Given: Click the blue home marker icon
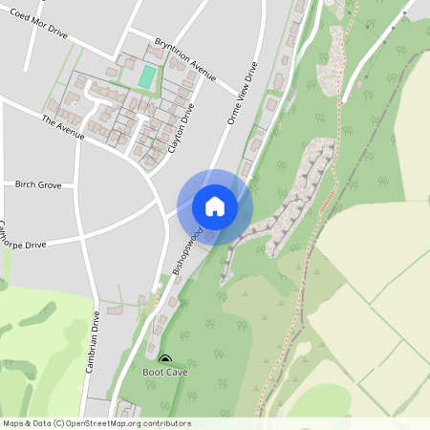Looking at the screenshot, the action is (x=215, y=206).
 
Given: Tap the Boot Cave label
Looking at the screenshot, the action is (x=165, y=372).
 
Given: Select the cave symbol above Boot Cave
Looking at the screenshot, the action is (x=165, y=359).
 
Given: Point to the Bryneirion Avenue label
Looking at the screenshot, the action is (x=185, y=58).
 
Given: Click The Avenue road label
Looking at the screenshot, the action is (x=63, y=128).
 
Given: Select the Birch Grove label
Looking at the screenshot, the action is (x=38, y=183).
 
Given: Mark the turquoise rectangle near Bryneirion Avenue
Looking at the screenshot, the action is (x=147, y=76).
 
